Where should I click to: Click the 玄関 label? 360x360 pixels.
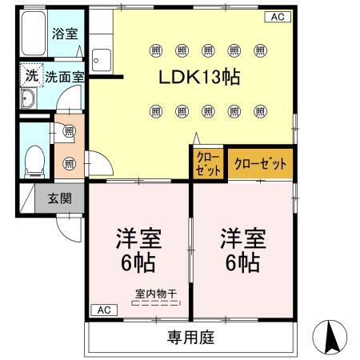58,198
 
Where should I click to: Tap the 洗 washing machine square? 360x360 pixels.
30,76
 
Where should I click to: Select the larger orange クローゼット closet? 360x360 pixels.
258,164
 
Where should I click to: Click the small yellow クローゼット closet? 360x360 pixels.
206,164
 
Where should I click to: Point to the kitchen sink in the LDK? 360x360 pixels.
102,60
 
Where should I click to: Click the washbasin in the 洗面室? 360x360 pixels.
28,98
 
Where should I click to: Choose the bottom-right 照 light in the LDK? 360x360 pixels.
260,110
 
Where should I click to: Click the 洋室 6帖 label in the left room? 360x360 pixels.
140,250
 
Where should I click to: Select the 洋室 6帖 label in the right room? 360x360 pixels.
241,250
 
